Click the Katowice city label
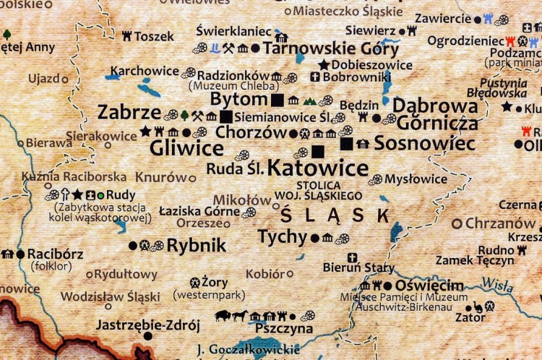point(318,168)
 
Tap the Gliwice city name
point(186,148)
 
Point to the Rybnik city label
point(196,245)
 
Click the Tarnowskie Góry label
point(330,49)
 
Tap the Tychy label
point(283,237)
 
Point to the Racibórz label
point(55,254)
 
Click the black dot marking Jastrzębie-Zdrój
point(147,336)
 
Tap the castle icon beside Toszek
point(126,35)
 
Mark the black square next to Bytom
point(278,99)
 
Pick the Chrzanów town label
point(500,223)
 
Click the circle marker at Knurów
point(192,177)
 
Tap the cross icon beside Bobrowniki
point(315,77)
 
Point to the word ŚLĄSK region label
point(334,215)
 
